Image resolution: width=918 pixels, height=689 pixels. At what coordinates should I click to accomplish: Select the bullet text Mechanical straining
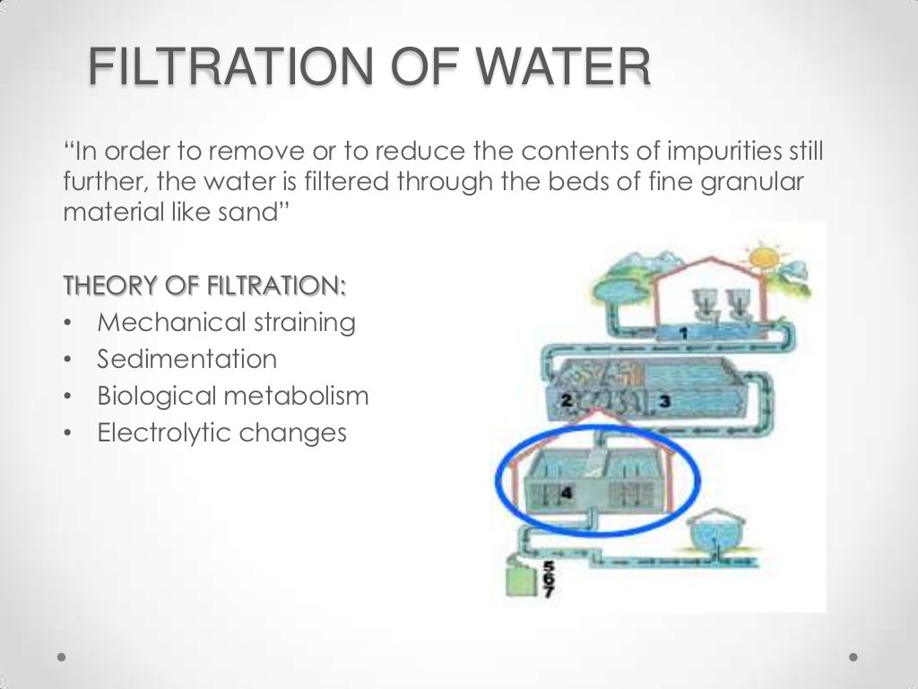tap(226, 322)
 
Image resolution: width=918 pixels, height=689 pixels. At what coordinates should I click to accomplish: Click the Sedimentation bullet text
tap(187, 360)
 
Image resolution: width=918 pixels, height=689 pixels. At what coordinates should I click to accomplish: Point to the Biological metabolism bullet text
tap(233, 396)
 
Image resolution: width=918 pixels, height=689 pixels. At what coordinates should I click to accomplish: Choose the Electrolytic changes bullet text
tap(221, 433)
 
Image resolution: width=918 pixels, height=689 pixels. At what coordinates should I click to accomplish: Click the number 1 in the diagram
tap(683, 334)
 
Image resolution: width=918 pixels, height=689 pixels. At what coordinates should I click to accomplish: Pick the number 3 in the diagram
tap(664, 402)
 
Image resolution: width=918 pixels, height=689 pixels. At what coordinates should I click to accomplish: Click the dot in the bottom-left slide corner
tap(61, 656)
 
